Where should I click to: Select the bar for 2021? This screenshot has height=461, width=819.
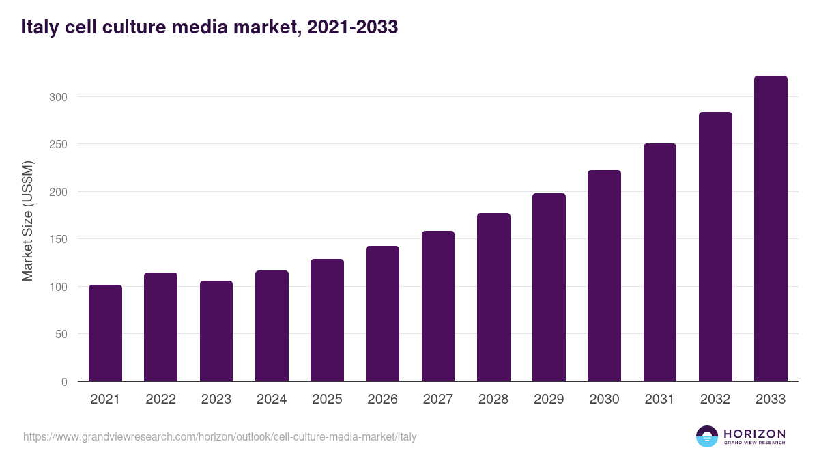[105, 333]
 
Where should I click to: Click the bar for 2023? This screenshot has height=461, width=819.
[216, 331]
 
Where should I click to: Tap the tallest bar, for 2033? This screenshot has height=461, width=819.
[771, 229]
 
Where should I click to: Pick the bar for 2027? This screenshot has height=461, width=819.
[438, 306]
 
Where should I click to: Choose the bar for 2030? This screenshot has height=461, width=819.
[604, 276]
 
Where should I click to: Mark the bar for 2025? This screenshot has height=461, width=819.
[327, 320]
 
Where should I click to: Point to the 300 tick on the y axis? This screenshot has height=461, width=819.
[59, 97]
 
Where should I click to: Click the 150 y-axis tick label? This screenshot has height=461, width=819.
[59, 239]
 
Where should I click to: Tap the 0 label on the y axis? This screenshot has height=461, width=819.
[64, 382]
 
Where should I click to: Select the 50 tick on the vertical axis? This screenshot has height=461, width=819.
[61, 334]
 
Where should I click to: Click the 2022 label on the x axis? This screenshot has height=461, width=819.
[160, 400]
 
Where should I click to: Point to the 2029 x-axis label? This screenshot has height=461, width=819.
[549, 400]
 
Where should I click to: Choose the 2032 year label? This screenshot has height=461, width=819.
[715, 400]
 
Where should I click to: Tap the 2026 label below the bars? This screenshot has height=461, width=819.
[382, 400]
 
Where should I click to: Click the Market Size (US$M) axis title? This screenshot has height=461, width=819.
[27, 221]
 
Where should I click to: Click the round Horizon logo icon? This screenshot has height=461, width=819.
[707, 436]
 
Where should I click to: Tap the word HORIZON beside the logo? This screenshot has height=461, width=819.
[754, 434]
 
